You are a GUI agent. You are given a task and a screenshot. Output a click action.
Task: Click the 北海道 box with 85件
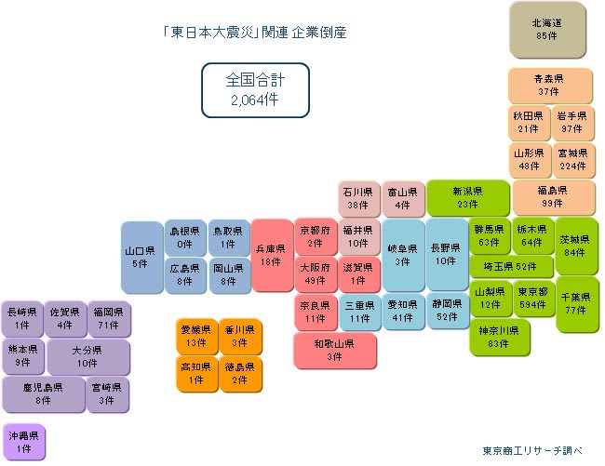pyautogui.click(x=547, y=30)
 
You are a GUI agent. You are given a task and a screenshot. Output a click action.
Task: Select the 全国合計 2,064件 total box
pyautogui.click(x=255, y=90)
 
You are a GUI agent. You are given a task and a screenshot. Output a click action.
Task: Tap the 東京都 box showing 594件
pyautogui.click(x=532, y=299)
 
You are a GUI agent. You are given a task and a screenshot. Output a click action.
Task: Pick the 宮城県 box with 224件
pyautogui.click(x=572, y=160)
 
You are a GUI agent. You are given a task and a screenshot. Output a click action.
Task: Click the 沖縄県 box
pyautogui.click(x=23, y=442)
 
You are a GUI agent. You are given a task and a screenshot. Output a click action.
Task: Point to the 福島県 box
pyautogui.click(x=553, y=197)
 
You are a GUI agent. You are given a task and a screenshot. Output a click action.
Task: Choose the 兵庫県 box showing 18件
pyautogui.click(x=272, y=256)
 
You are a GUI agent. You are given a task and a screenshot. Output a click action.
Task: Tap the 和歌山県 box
pyautogui.click(x=334, y=351)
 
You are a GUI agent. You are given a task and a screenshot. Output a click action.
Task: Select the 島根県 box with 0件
pyautogui.click(x=185, y=237)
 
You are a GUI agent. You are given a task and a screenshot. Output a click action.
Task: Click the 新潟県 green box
pyautogui.click(x=467, y=198)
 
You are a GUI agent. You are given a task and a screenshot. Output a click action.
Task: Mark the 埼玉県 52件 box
pyautogui.click(x=511, y=267)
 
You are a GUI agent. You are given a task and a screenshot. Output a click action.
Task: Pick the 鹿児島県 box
pyautogui.click(x=43, y=394)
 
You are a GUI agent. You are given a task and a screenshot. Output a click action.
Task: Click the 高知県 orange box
pyautogui.click(x=196, y=374)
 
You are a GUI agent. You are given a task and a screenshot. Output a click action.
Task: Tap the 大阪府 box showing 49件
pyautogui.click(x=316, y=274)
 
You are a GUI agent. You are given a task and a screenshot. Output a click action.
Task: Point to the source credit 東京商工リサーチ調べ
pyautogui.click(x=532, y=450)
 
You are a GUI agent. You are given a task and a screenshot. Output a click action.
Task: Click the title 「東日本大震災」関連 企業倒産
pyautogui.click(x=255, y=33)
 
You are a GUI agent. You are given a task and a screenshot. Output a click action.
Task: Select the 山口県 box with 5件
pyautogui.click(x=141, y=257)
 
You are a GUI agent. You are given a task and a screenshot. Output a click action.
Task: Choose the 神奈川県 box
pyautogui.click(x=499, y=338)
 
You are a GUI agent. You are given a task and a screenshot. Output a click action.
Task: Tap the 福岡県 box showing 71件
pyautogui.click(x=109, y=319)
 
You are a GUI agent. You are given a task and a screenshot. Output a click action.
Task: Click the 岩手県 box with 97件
pyautogui.click(x=572, y=123)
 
